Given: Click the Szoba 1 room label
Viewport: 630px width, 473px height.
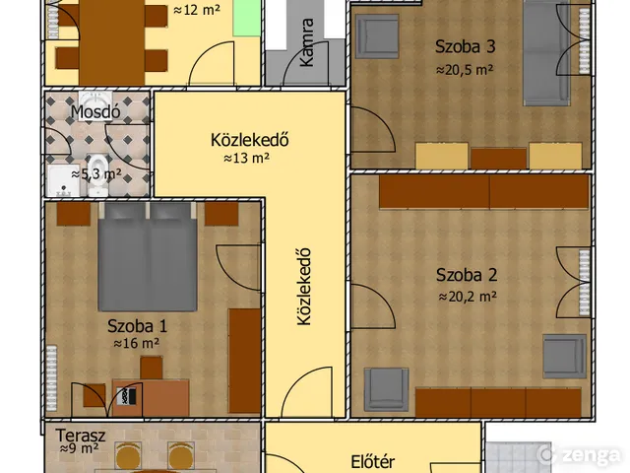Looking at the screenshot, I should (137, 325).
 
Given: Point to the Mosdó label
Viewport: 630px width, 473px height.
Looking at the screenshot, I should (95, 111).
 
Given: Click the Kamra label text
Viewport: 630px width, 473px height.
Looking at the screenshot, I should (307, 43).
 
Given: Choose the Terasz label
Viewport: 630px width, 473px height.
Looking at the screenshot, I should (75, 434).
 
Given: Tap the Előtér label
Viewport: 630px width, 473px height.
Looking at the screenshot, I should (373, 460).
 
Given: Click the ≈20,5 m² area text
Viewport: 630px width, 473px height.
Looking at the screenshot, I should (465, 70).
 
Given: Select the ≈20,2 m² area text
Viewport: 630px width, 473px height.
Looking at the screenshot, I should (467, 296).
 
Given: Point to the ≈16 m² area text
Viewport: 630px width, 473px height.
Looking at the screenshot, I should (137, 344).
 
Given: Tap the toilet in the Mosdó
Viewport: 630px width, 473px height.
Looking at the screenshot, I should (98, 166).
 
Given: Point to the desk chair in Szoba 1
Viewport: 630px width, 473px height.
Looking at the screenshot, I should (151, 368).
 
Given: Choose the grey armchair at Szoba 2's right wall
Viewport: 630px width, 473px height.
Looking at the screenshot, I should (564, 356).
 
